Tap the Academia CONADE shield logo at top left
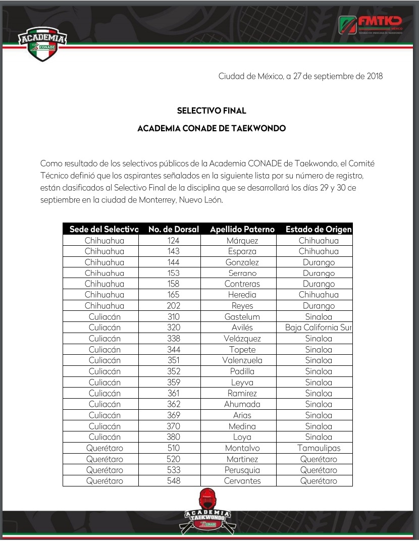[x=42, y=44]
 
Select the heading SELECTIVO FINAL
[x=212, y=111]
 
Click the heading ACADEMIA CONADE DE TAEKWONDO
[x=212, y=129]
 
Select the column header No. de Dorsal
[x=174, y=229]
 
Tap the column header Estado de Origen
[x=319, y=229]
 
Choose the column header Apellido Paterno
[x=242, y=229]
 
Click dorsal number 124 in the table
[x=173, y=241]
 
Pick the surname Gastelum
[x=242, y=317]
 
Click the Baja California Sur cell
[x=318, y=328]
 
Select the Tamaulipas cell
[x=319, y=448]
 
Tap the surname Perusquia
[x=242, y=470]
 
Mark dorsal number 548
[x=173, y=481]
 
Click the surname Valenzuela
[x=242, y=361]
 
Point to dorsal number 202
[x=173, y=306]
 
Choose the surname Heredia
[x=242, y=295]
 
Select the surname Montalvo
[x=242, y=448]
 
